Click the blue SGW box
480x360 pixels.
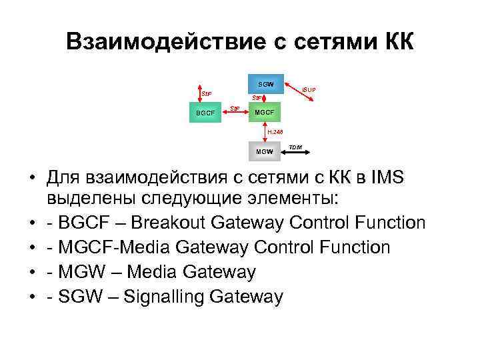pyautogui.click(x=267, y=83)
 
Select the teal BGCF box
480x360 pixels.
pyautogui.click(x=206, y=113)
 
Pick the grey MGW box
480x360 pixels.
pyautogui.click(x=265, y=151)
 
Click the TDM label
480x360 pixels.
pyautogui.click(x=296, y=146)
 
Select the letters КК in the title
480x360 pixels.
pyautogui.click(x=399, y=42)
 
